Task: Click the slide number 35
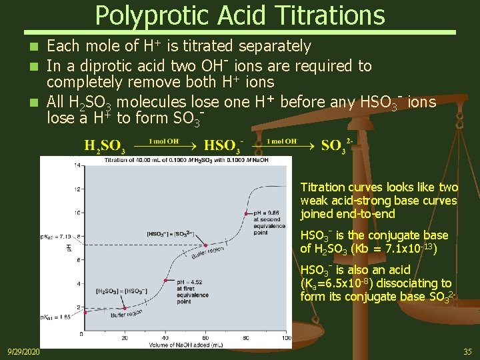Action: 467,351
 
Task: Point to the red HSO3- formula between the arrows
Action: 223,146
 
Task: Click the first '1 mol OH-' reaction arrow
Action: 163,145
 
